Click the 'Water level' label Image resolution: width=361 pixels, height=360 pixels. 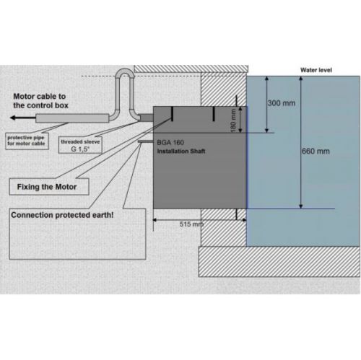click(x=316, y=70)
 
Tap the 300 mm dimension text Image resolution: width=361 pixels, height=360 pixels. click(x=282, y=103)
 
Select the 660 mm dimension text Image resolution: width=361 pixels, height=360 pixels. click(x=316, y=152)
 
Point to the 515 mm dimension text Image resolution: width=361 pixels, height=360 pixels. click(x=191, y=224)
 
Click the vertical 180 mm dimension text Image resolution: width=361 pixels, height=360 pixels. click(x=233, y=120)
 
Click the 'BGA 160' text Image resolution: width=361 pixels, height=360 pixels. click(x=170, y=142)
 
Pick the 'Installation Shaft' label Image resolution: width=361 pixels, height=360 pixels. click(x=181, y=152)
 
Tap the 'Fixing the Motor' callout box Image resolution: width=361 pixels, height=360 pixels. click(x=49, y=187)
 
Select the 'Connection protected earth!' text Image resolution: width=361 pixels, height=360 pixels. click(x=62, y=215)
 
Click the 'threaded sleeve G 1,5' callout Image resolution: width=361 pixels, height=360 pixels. click(x=80, y=145)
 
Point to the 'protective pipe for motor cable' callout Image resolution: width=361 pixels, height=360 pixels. click(x=27, y=141)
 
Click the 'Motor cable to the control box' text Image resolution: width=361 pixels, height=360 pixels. click(x=40, y=101)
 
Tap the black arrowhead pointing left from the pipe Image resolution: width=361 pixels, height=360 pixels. click(x=13, y=118)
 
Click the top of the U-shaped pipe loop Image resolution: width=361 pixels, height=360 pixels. click(x=124, y=70)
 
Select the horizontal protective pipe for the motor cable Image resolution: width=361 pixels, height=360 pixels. click(x=72, y=118)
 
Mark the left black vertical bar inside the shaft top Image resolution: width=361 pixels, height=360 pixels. click(x=172, y=114)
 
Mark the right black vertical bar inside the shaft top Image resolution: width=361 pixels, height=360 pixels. click(x=214, y=114)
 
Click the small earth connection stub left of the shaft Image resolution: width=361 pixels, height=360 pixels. click(x=146, y=141)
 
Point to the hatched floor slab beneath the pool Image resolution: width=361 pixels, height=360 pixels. click(x=279, y=262)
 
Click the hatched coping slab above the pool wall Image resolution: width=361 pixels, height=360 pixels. click(x=191, y=69)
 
